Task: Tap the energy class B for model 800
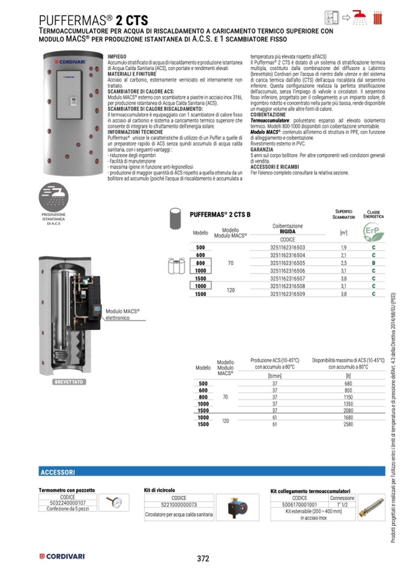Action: point(373,263)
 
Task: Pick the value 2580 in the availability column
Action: point(348,424)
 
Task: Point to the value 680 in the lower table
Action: point(348,384)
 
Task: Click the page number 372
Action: point(203,558)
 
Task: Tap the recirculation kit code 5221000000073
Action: point(178,505)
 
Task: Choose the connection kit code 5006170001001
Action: point(300,505)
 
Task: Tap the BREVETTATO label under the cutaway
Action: point(69,382)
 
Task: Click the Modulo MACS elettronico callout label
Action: point(122,315)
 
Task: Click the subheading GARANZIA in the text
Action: point(262,150)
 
